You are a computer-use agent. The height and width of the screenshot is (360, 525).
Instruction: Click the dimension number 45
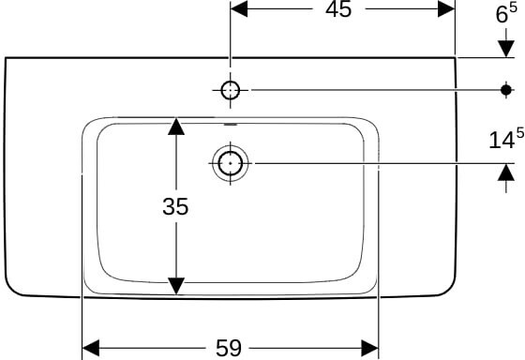click(x=338, y=9)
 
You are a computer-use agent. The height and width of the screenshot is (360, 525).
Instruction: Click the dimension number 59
click(x=229, y=348)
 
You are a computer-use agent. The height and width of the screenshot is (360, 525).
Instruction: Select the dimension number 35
click(x=175, y=206)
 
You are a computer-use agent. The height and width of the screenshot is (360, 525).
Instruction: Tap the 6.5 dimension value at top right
click(x=506, y=14)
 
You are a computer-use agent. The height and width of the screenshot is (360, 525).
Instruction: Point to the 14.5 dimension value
click(x=506, y=138)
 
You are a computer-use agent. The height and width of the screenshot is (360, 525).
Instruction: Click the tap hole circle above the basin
click(x=231, y=90)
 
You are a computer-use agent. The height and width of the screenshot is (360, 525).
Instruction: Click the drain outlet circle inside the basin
click(x=231, y=163)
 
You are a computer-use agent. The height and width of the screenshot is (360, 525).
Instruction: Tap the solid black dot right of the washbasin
click(x=506, y=90)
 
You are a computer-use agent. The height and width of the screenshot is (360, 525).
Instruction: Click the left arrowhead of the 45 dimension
click(x=239, y=8)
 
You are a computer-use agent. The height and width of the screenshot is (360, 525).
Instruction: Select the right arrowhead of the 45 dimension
click(x=446, y=8)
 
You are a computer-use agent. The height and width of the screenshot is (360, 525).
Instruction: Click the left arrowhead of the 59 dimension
click(x=91, y=348)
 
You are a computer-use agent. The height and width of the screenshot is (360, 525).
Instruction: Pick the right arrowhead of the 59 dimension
click(x=369, y=348)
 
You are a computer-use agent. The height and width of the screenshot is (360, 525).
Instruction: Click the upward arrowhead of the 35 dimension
click(x=176, y=127)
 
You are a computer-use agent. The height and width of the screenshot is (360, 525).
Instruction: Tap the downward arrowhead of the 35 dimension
click(x=176, y=286)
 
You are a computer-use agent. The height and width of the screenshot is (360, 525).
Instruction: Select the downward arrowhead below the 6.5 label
click(x=506, y=49)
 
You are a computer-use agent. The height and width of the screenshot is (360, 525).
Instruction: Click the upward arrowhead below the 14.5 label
click(x=506, y=172)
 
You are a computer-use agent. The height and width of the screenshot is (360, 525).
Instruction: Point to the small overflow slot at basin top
click(x=231, y=125)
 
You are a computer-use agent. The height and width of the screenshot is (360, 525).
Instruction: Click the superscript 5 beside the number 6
click(x=514, y=8)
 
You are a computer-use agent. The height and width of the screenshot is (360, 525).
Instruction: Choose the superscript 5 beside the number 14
click(x=520, y=133)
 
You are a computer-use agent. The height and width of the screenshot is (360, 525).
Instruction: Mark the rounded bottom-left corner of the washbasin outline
click(x=10, y=290)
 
